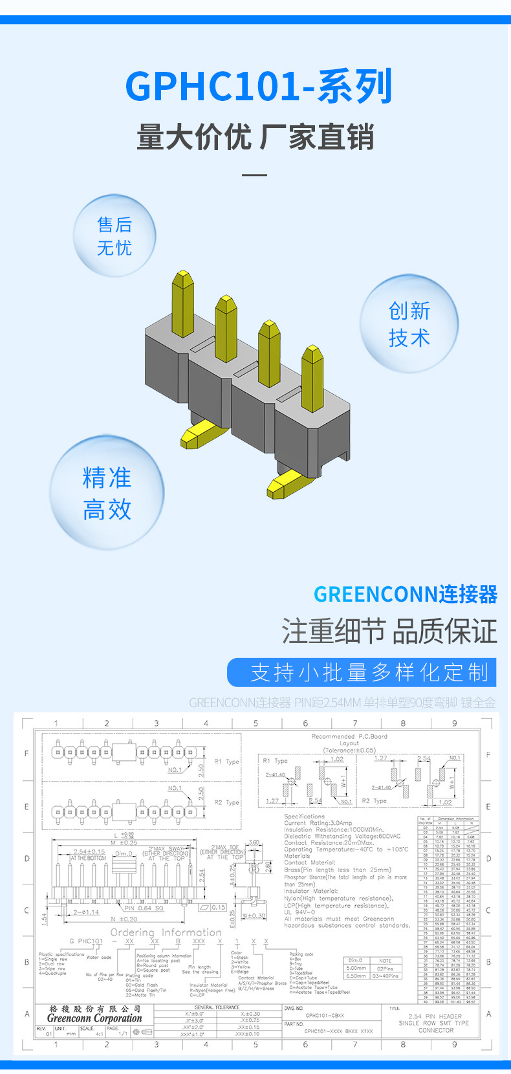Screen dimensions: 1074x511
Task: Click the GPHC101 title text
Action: (259, 87)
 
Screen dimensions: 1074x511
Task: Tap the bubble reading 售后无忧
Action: (115, 236)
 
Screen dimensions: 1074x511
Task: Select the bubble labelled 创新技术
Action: (409, 323)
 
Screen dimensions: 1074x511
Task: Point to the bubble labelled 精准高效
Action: (107, 493)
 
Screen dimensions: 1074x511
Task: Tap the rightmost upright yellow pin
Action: (312, 372)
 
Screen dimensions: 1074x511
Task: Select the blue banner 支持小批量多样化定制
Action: (362, 672)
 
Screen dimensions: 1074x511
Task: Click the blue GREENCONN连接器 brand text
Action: (406, 594)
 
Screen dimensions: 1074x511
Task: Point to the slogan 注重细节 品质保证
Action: (389, 631)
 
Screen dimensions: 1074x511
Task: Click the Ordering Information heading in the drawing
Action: (166, 932)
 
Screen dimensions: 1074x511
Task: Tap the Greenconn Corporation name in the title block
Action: (94, 1018)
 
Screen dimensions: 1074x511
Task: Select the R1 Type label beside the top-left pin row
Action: (226, 762)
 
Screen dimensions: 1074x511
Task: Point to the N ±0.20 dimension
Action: (124, 919)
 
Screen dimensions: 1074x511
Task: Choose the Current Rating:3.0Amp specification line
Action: (318, 823)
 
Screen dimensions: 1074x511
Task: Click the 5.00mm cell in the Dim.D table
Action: (356, 968)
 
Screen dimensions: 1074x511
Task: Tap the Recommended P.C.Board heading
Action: (349, 736)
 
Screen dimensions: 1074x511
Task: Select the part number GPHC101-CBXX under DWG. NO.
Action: (325, 1015)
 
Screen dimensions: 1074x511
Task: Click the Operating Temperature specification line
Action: (346, 849)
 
